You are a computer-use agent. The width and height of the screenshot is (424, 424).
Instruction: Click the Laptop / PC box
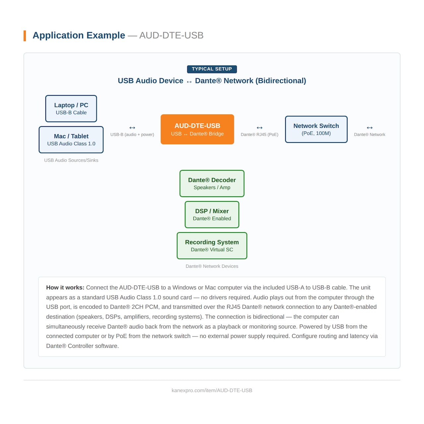[x=71, y=109]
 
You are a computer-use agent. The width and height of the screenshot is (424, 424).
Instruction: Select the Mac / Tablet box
[x=71, y=140]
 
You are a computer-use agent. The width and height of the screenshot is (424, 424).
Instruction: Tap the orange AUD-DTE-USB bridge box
[x=197, y=130]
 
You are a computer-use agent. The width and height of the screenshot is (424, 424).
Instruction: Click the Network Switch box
[x=316, y=130]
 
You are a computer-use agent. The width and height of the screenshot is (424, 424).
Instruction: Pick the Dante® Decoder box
[x=212, y=184]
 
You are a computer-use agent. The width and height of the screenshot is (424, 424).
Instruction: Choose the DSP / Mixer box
[x=212, y=215]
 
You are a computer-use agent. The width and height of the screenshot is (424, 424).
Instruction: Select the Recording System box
[x=212, y=246]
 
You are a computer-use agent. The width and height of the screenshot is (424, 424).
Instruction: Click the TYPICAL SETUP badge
[x=212, y=69]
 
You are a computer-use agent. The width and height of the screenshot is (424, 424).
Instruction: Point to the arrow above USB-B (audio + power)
[x=132, y=128]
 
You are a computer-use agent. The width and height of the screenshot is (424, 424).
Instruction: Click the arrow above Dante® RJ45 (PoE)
[x=259, y=128]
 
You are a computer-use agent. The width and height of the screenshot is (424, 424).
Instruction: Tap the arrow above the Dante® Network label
[x=370, y=128]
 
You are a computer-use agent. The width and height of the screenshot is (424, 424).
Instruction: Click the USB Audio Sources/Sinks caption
[x=71, y=160]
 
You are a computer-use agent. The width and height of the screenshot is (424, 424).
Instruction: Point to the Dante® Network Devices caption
[x=212, y=266]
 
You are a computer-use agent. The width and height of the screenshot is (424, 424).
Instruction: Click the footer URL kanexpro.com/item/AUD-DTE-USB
[x=212, y=391]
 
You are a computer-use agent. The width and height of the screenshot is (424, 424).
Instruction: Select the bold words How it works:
[x=65, y=288]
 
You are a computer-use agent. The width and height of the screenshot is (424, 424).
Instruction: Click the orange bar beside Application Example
[x=25, y=36]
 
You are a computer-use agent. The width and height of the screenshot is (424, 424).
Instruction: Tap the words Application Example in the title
[x=79, y=35]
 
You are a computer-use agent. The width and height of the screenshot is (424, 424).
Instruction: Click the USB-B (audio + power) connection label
[x=132, y=134]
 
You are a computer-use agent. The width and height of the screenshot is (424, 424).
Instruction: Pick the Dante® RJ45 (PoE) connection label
[x=259, y=134]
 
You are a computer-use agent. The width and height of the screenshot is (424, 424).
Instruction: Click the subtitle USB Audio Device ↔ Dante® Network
[x=212, y=81]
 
